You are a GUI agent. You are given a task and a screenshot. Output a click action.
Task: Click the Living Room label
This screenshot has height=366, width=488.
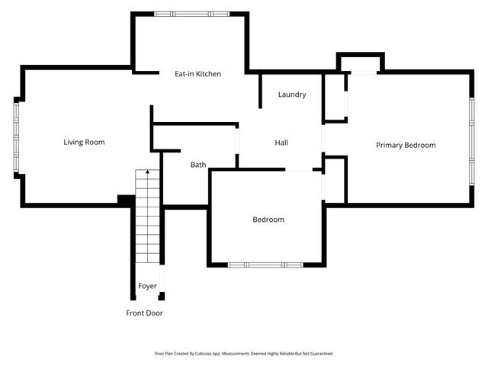tap(84, 143)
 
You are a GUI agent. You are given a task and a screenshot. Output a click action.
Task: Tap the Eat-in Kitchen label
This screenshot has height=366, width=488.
tap(197, 74)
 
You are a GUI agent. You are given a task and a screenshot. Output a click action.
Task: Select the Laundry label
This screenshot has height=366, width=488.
tap(292, 95)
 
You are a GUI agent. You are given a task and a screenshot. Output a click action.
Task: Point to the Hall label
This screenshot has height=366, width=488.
tap(281, 143)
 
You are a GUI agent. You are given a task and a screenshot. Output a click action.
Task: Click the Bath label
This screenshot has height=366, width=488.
tap(198, 165)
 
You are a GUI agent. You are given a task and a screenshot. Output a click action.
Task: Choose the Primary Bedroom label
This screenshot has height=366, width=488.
tap(406, 145)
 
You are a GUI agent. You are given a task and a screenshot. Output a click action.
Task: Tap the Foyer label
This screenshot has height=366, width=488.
tap(147, 287)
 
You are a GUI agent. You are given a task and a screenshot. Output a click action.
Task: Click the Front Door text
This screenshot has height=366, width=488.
tap(144, 313)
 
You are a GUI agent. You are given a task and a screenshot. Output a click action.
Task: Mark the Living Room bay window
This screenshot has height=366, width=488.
tap(15, 137)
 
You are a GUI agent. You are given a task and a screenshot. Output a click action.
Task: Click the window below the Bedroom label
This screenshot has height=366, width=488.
tap(266, 265)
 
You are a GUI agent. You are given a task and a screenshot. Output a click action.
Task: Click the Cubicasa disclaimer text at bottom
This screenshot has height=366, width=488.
tap(244, 354)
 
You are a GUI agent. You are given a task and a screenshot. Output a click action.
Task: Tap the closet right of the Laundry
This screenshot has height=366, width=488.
tap(335, 97)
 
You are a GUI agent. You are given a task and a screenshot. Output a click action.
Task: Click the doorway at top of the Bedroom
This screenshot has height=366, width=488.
tap(300, 170)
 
